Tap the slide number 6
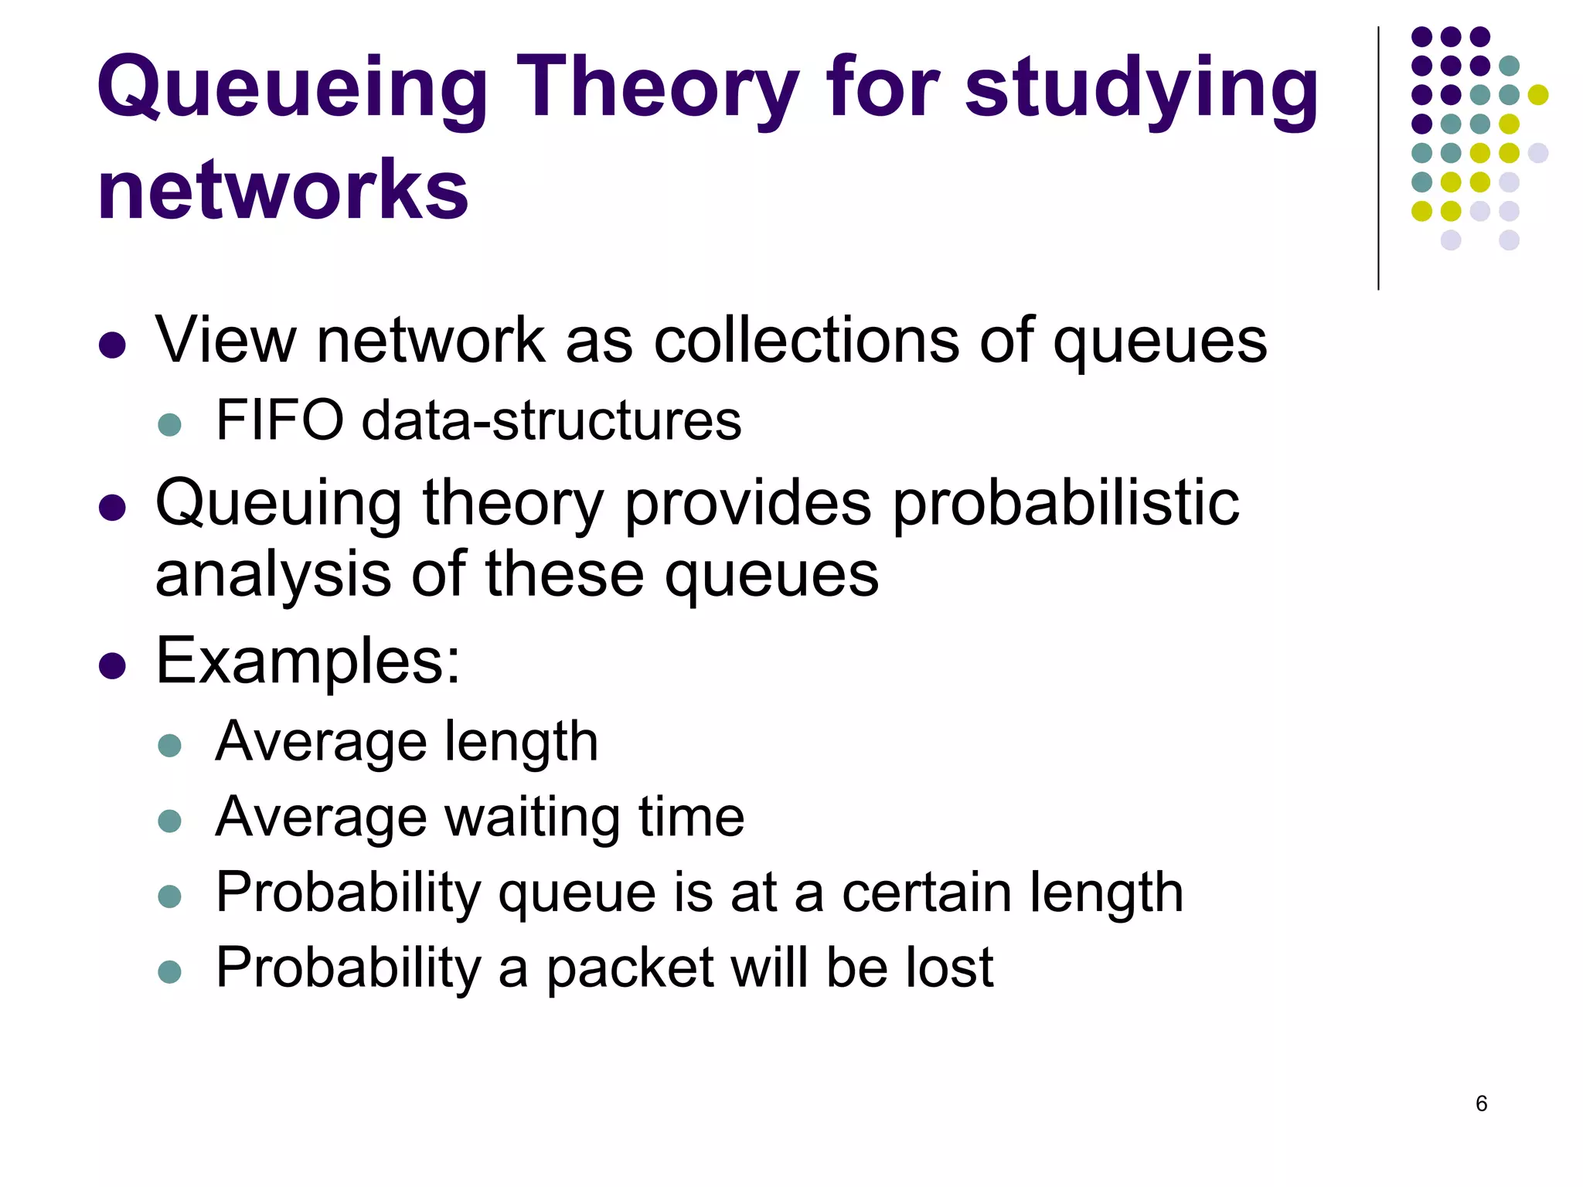pyautogui.click(x=1481, y=1103)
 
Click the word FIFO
pyautogui.click(x=280, y=420)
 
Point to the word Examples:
pyautogui.click(x=308, y=662)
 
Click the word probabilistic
pyautogui.click(x=1066, y=504)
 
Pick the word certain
pyautogui.click(x=927, y=893)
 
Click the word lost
pyautogui.click(x=950, y=968)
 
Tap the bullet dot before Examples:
pyautogui.click(x=113, y=665)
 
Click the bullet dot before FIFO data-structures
pyautogui.click(x=169, y=424)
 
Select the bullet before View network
pyautogui.click(x=113, y=345)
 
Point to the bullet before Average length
pyautogui.click(x=169, y=745)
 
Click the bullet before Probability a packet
pyautogui.click(x=169, y=971)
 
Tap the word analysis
pyautogui.click(x=274, y=575)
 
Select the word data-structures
pyautogui.click(x=551, y=420)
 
